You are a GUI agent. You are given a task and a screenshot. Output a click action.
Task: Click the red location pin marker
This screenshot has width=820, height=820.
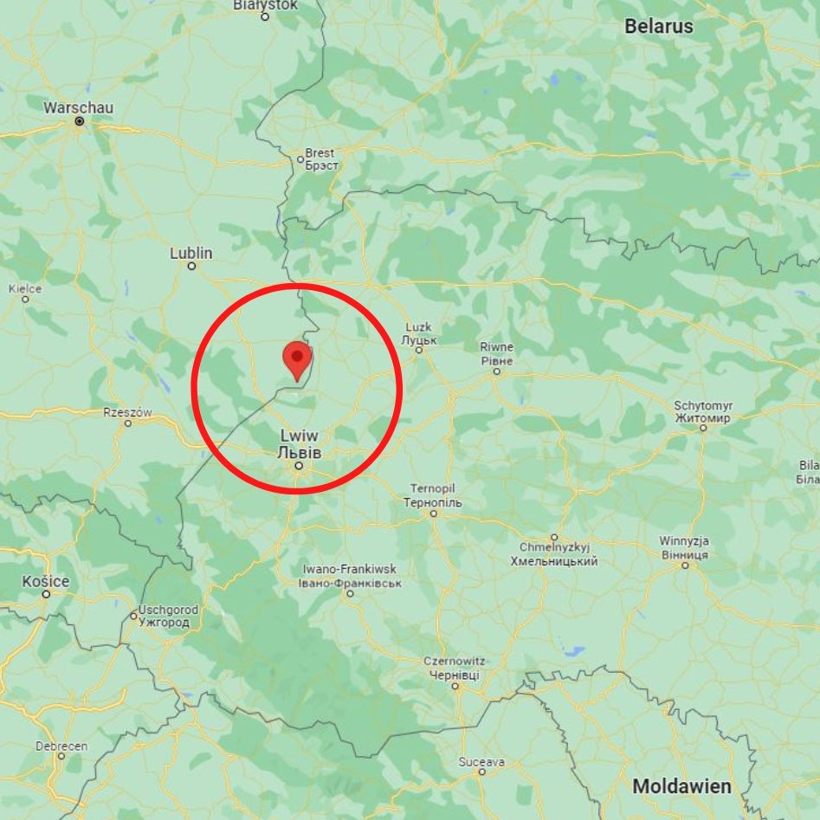(x=298, y=358)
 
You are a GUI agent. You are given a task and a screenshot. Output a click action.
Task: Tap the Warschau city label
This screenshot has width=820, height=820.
(x=78, y=107)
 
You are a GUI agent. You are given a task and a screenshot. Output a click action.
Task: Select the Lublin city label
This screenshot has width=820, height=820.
(x=191, y=253)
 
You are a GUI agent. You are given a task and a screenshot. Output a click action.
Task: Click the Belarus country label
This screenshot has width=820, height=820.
(x=659, y=26)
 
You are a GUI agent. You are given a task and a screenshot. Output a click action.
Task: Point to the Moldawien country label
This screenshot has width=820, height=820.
(x=681, y=787)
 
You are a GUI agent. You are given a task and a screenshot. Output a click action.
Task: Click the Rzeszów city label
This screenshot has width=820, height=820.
(x=127, y=412)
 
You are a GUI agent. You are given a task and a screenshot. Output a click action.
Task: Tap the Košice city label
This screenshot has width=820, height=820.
(x=46, y=580)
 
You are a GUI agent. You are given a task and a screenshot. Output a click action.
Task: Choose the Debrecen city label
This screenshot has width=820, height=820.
(x=61, y=746)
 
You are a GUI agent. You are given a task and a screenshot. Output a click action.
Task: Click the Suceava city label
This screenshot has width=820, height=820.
(x=481, y=762)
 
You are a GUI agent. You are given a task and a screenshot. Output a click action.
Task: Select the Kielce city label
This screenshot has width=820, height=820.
(x=24, y=288)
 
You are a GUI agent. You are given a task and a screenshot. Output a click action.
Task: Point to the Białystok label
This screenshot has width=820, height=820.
(x=265, y=5)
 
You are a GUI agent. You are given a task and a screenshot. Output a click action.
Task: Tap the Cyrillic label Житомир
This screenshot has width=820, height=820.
(x=702, y=417)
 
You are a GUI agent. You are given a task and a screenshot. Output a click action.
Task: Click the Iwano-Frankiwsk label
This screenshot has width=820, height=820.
(x=350, y=569)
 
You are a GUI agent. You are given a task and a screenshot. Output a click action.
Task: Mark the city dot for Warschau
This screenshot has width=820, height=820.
(x=79, y=122)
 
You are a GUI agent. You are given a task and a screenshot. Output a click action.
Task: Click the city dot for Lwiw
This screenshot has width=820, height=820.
(x=299, y=466)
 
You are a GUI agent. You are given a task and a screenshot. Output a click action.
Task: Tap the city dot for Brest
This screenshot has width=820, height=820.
(x=300, y=159)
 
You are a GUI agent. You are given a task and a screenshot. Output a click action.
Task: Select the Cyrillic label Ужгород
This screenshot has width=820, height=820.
(x=164, y=623)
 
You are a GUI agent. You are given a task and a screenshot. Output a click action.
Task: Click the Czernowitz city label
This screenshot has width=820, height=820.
(x=455, y=662)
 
